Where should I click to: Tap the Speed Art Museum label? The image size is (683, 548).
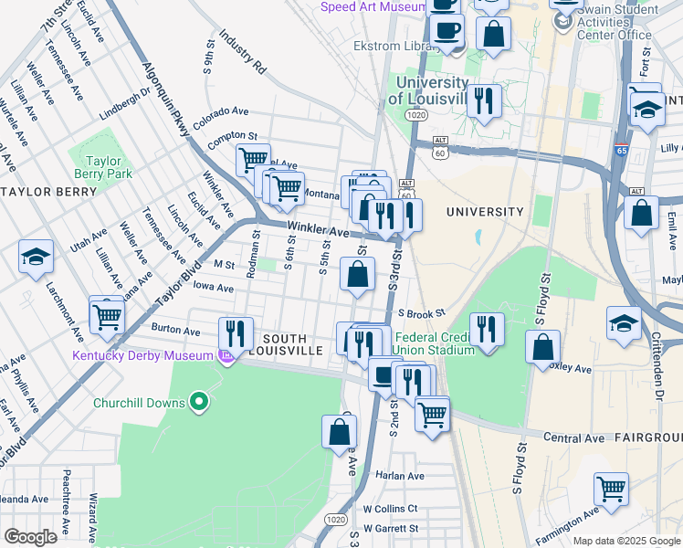pyautogui.click(x=373, y=7)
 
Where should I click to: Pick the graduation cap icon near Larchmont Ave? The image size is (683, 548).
pyautogui.click(x=37, y=258)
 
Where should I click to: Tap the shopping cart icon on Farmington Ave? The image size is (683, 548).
pyautogui.click(x=610, y=490)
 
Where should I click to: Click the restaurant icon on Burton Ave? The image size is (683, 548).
pyautogui.click(x=236, y=334)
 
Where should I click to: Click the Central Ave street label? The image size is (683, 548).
pyautogui.click(x=575, y=438)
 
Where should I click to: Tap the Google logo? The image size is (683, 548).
pyautogui.click(x=30, y=537)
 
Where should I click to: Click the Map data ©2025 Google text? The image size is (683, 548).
pyautogui.click(x=626, y=541)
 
